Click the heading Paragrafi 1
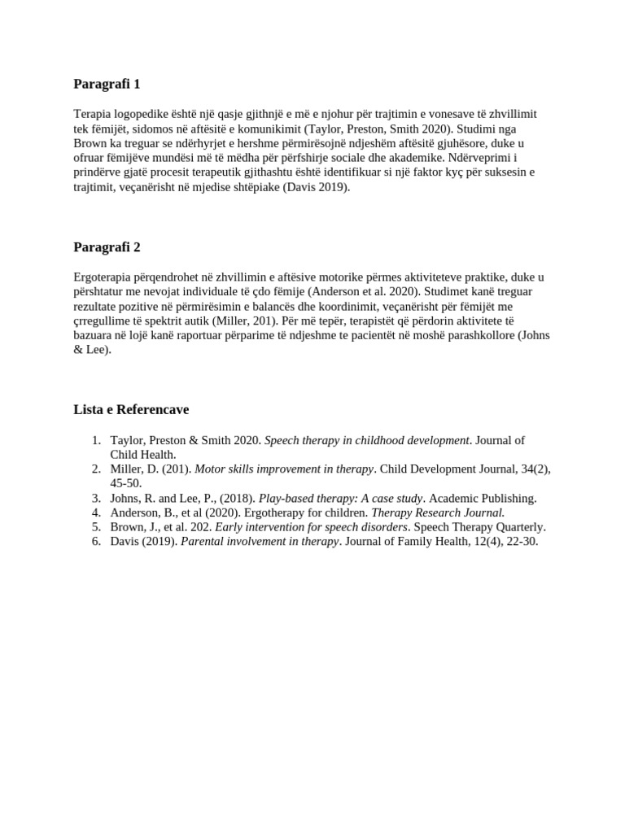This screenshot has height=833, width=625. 107,84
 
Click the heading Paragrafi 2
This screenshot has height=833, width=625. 107,246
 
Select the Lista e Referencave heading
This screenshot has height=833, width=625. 131,409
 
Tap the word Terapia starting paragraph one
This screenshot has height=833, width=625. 92,114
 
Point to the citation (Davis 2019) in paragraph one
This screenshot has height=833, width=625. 315,187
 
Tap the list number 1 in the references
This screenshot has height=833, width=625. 96,440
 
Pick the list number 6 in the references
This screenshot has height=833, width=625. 96,542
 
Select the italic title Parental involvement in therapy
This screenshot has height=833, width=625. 260,542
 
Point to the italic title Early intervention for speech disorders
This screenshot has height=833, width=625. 311,527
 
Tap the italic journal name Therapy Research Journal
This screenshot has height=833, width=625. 438,512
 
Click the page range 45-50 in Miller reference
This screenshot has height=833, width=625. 126,483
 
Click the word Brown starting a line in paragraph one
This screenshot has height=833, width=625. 90,143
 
